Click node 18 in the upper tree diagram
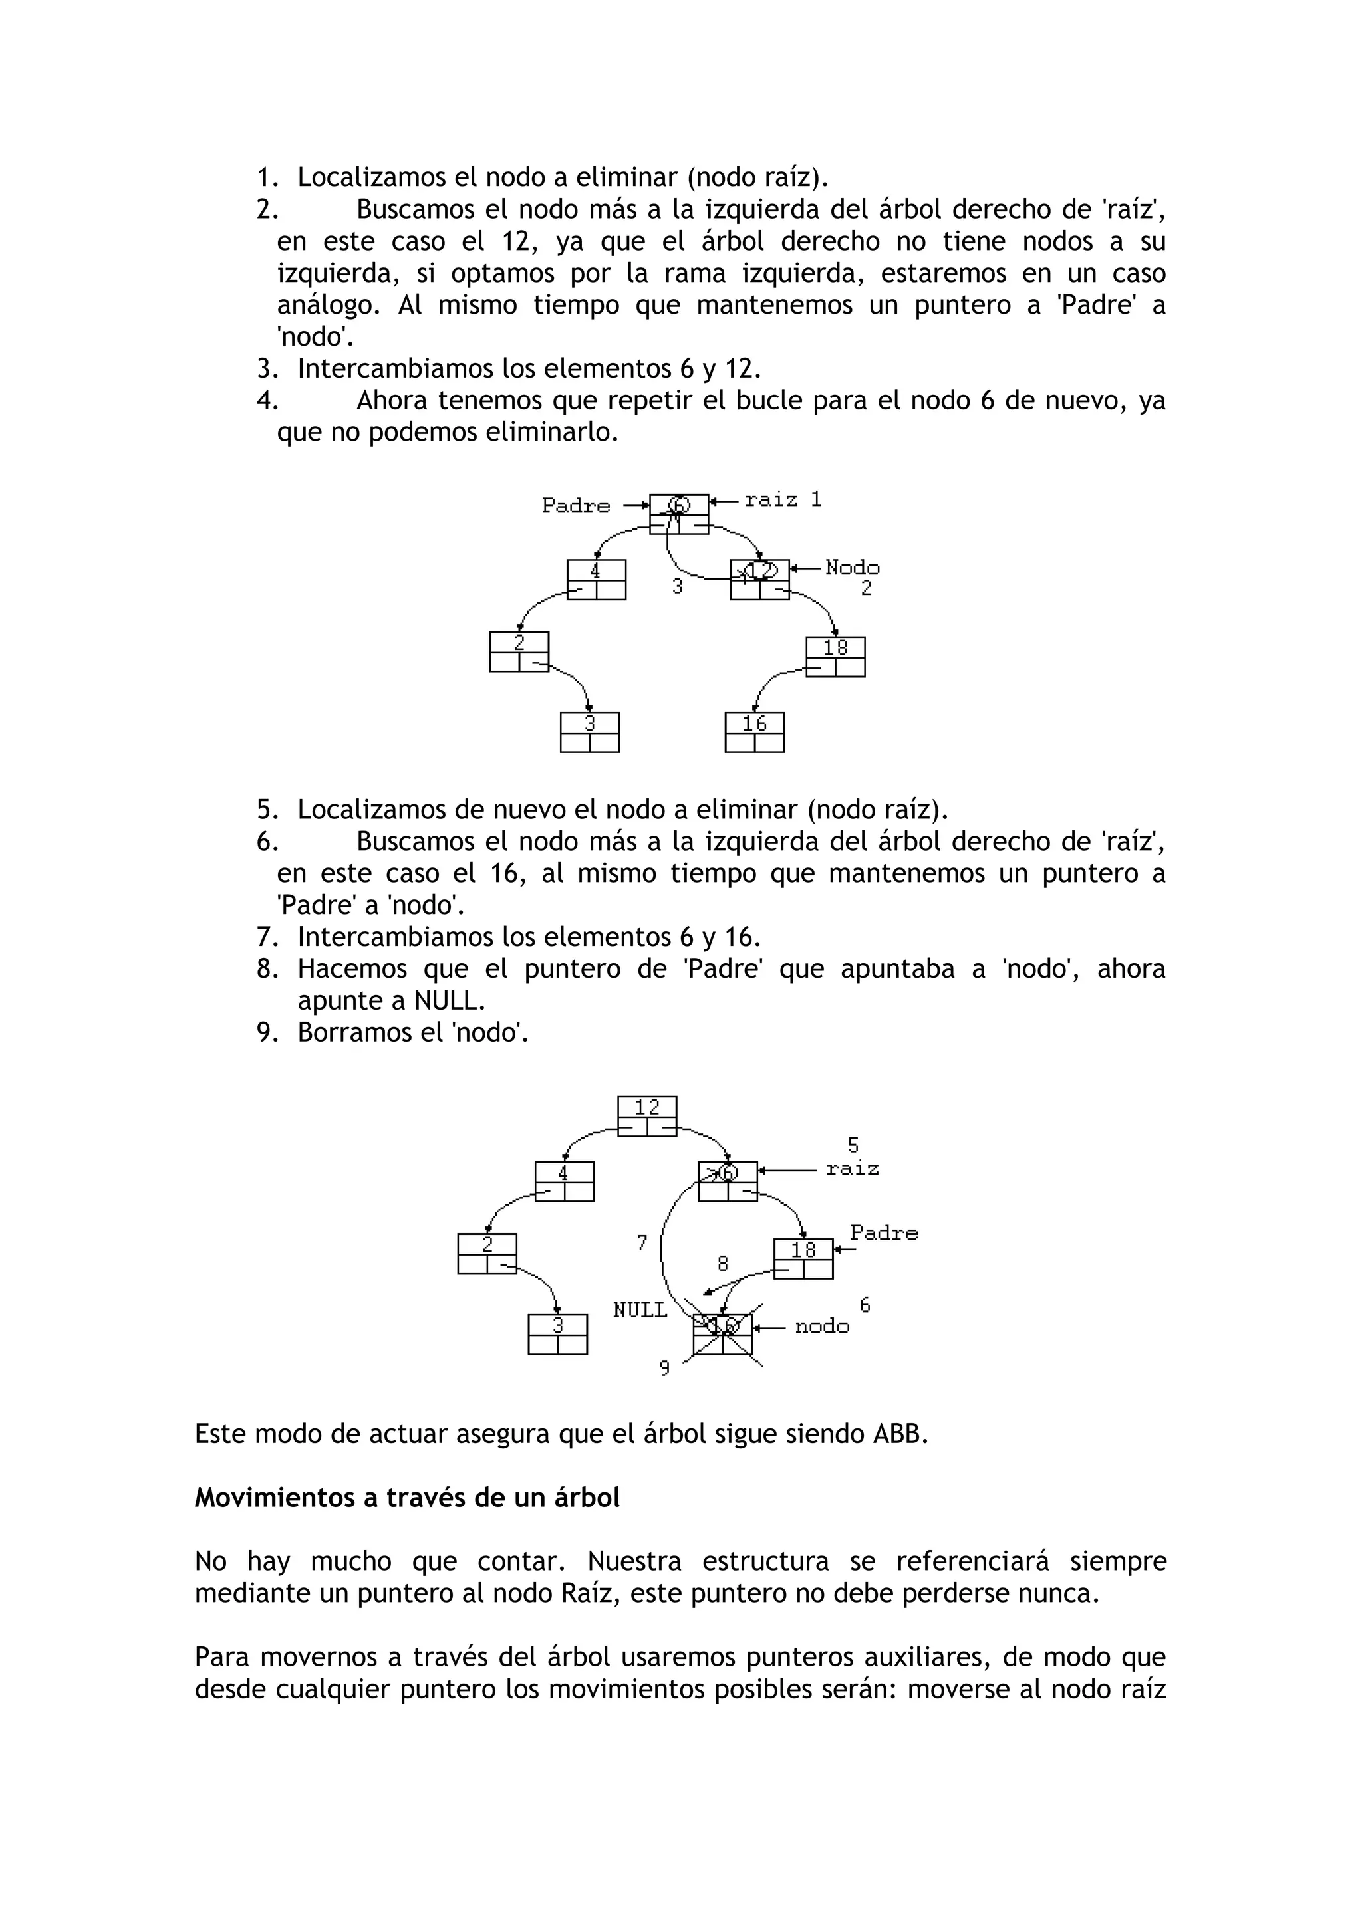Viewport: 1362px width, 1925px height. [835, 657]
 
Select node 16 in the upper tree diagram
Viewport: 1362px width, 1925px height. [754, 732]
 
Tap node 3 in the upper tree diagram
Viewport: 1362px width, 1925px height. [590, 732]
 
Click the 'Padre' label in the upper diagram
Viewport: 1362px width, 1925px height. [575, 506]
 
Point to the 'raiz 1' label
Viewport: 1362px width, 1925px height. [783, 500]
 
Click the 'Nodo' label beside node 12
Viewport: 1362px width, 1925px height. [852, 568]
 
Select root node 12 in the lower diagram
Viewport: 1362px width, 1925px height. [646, 1116]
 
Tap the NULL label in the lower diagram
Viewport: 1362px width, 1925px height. [640, 1310]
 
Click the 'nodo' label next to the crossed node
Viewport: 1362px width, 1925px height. [822, 1326]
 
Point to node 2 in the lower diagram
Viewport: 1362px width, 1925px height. [487, 1254]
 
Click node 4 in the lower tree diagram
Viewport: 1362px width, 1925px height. [565, 1181]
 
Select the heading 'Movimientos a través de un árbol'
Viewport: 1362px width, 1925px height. [407, 1498]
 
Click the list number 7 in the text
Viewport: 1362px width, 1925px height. [266, 937]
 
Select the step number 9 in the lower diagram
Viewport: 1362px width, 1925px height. [664, 1368]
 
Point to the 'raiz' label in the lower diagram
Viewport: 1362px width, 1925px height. [852, 1169]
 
